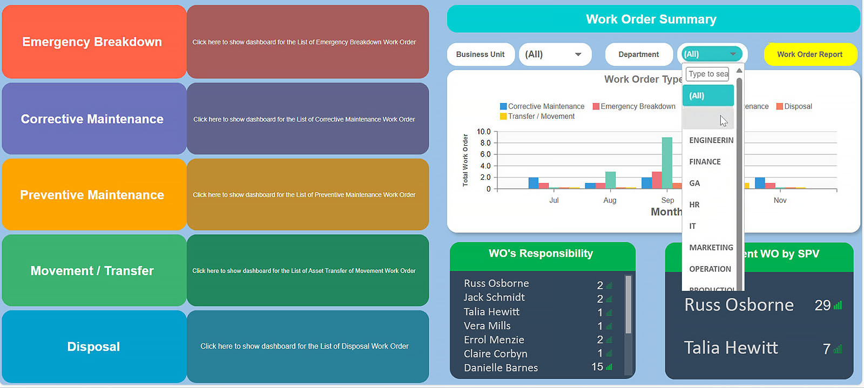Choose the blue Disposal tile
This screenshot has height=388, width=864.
pyautogui.click(x=93, y=346)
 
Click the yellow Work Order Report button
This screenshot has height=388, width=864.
pyautogui.click(x=809, y=55)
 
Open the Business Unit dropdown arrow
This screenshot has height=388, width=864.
pyautogui.click(x=578, y=55)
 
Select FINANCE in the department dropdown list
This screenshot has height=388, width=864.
pyautogui.click(x=705, y=162)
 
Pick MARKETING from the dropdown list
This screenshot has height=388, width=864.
pyautogui.click(x=711, y=248)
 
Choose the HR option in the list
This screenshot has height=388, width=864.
pyautogui.click(x=694, y=205)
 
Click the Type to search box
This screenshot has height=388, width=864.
pyautogui.click(x=708, y=74)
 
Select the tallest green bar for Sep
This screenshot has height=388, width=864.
pyautogui.click(x=667, y=162)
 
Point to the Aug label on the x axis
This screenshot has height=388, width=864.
pyautogui.click(x=610, y=200)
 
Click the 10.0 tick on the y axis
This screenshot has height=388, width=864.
pyautogui.click(x=483, y=132)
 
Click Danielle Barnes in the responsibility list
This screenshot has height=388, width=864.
pyautogui.click(x=501, y=368)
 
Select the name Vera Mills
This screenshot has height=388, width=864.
pyautogui.click(x=487, y=326)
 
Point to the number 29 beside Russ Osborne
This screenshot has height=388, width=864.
pyautogui.click(x=822, y=305)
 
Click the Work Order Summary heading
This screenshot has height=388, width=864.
pyautogui.click(x=651, y=19)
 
